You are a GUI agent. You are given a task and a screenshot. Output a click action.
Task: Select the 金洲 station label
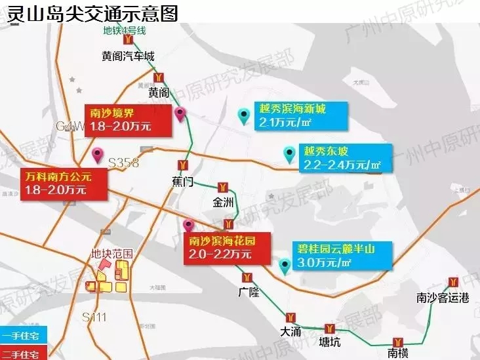[x=223, y=203]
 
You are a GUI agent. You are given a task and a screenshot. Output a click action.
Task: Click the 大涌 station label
[x=291, y=332]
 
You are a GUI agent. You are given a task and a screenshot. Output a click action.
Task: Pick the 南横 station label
[x=398, y=353]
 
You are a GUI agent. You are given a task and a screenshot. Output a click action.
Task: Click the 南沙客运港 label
[x=443, y=299]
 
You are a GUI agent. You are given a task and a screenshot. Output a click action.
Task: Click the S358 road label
[x=123, y=163]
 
